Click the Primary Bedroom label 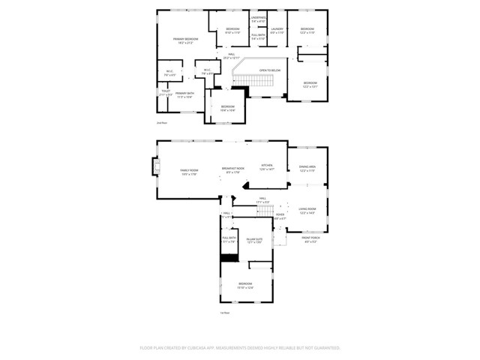[x=186, y=40]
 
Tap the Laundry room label [x=277, y=31]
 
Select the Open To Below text [x=269, y=70]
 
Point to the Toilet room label [x=166, y=94]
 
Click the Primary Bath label [x=185, y=94]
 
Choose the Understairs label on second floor [x=258, y=19]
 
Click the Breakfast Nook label [x=232, y=169]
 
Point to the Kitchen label [x=267, y=166]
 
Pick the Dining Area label [x=307, y=168]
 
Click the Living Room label [x=307, y=211]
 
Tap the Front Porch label [x=311, y=240]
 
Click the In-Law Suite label [x=253, y=240]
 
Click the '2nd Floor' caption [x=161, y=122]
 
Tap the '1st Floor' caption [x=224, y=312]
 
